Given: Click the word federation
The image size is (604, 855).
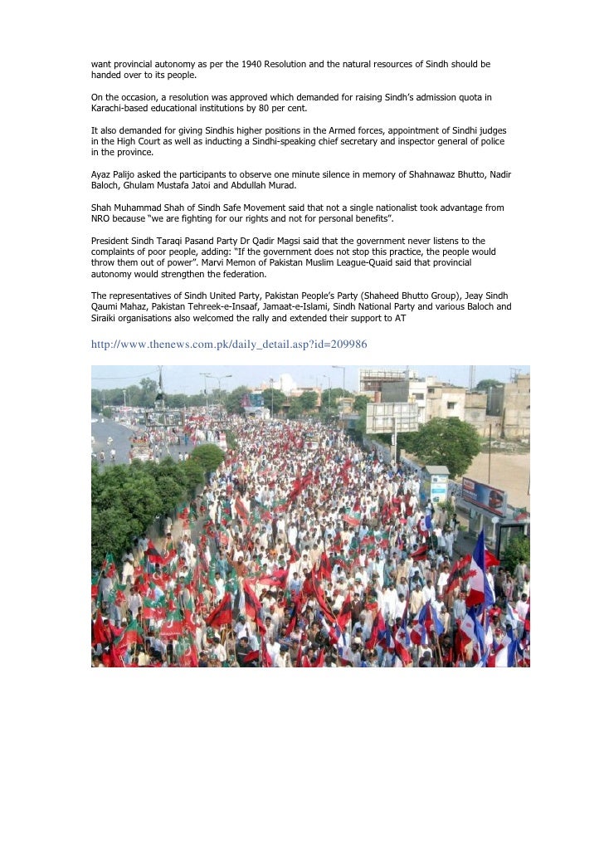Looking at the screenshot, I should click(241, 273).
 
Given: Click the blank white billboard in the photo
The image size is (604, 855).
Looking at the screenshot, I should click(391, 417).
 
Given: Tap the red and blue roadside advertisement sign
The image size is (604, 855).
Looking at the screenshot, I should click(484, 496).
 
